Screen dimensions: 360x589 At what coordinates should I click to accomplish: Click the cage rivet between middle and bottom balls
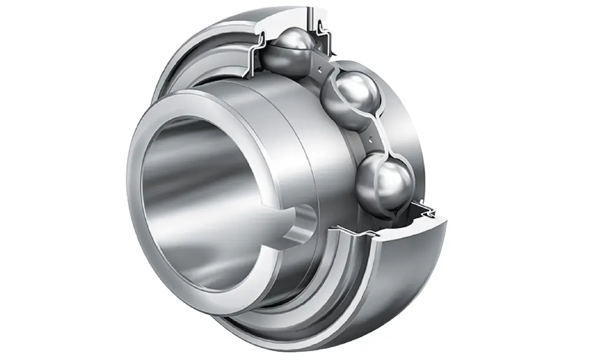[369, 140]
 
